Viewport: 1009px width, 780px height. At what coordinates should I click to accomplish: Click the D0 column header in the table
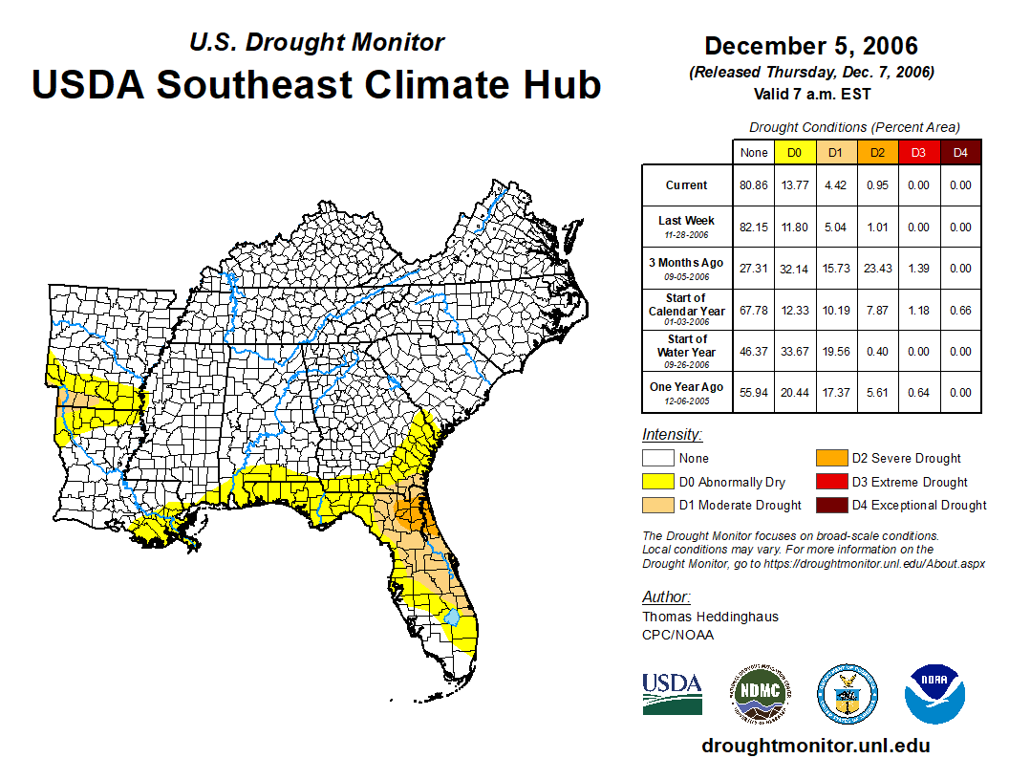coord(794,152)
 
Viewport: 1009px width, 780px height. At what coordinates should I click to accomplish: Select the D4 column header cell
coord(960,152)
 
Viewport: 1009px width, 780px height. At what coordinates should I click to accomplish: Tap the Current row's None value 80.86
coord(753,185)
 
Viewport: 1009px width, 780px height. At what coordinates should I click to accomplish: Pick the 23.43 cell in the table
coord(877,269)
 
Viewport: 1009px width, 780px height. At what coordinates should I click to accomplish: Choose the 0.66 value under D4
coord(960,310)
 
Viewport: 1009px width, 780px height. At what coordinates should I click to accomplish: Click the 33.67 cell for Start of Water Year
coord(794,351)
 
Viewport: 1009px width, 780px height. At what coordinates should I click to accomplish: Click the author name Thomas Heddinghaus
coord(710,617)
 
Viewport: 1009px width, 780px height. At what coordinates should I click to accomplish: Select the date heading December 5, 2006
coord(810,46)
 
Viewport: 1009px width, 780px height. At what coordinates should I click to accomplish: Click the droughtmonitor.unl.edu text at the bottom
coord(815,746)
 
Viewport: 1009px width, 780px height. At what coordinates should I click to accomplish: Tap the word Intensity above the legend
coord(672,435)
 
